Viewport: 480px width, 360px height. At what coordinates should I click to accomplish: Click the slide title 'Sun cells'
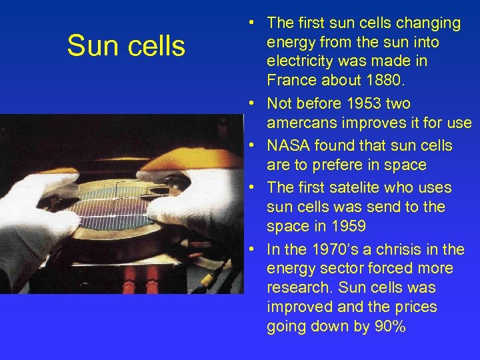pyautogui.click(x=126, y=46)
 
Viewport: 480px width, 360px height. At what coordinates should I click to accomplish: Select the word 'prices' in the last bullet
pyautogui.click(x=413, y=307)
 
